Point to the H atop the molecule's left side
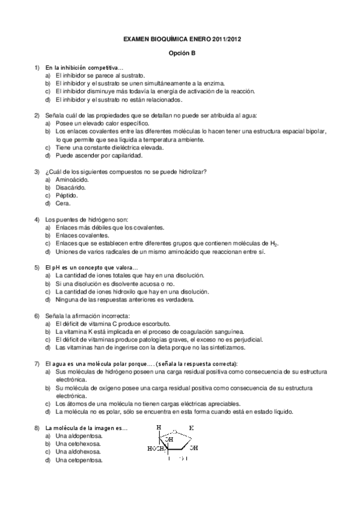[159, 428]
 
